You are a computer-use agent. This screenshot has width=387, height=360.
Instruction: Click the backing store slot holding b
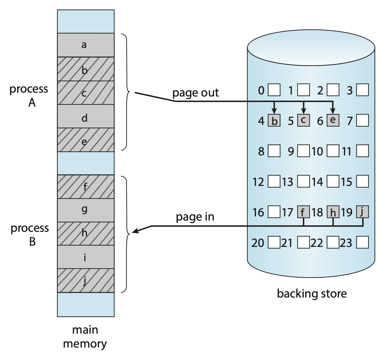274,121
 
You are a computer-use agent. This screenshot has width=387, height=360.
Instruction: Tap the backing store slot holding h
333,212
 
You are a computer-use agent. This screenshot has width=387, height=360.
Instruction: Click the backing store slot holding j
362,212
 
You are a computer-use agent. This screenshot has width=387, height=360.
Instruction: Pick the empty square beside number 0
274,90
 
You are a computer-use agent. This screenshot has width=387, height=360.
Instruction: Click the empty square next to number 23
362,242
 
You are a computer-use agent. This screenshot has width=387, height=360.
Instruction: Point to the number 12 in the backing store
258,182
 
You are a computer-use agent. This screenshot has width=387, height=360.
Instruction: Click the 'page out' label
195,93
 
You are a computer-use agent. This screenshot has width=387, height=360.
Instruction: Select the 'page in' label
195,217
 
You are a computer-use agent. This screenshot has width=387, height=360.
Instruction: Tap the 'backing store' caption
312,293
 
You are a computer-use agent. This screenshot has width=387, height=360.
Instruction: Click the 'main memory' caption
85,337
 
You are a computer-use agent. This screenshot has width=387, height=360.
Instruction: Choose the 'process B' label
30,235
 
